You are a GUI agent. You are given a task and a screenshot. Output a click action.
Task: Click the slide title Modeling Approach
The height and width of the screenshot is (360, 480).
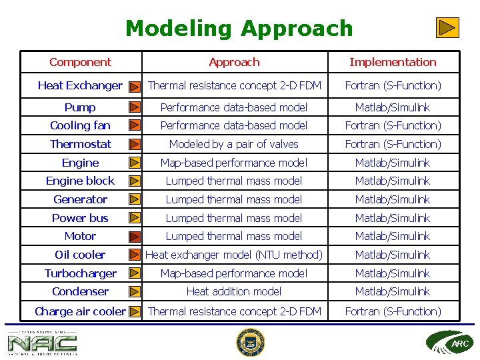tap(239, 29)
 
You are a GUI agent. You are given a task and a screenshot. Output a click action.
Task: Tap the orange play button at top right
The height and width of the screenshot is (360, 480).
tap(448, 27)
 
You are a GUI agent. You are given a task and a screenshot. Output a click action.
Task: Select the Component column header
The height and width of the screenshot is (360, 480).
tap(80, 62)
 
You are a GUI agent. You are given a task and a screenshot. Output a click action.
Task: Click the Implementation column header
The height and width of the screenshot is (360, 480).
tap(393, 62)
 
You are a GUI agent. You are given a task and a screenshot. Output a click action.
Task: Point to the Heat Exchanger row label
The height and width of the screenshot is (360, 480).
tap(80, 85)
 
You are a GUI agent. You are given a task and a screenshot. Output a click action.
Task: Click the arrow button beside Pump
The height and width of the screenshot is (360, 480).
tap(135, 107)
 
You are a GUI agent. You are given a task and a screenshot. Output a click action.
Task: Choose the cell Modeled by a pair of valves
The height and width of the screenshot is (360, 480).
tap(234, 144)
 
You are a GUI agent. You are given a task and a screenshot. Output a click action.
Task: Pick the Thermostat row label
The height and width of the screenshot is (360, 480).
tap(80, 144)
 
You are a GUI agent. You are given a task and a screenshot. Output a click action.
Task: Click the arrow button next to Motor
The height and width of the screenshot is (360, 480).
tap(135, 236)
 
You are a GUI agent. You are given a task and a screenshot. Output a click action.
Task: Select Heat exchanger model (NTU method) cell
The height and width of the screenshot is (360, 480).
tap(234, 255)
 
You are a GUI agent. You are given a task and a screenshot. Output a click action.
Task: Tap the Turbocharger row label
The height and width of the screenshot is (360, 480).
tap(80, 273)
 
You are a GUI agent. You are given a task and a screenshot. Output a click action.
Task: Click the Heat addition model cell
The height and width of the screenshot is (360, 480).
tap(234, 291)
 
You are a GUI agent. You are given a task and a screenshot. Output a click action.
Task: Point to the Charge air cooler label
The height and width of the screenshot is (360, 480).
tap(80, 311)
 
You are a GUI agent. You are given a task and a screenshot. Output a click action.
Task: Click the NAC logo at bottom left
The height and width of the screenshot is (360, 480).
tap(42, 343)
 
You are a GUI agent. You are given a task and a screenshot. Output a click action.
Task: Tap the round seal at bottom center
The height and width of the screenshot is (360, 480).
tap(251, 343)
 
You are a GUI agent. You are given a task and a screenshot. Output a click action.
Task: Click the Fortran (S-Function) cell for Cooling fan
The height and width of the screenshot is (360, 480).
tap(393, 125)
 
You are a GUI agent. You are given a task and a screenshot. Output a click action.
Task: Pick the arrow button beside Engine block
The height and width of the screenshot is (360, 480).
tap(135, 181)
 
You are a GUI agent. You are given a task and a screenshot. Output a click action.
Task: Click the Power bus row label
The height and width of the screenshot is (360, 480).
tap(80, 218)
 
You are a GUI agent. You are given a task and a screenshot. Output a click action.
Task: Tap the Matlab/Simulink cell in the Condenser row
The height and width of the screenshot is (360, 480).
tap(393, 291)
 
